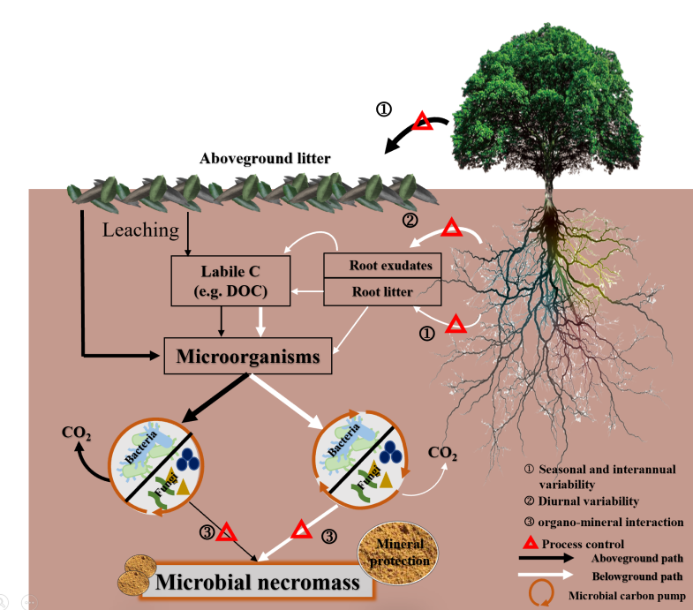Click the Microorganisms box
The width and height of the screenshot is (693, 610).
[248, 356]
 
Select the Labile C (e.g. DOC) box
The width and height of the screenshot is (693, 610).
[230, 281]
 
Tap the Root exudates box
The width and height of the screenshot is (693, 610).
[383, 265]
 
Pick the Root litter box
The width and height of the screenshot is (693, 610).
[383, 291]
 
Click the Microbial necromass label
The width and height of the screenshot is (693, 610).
[257, 582]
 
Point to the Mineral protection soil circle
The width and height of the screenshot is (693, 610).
[398, 553]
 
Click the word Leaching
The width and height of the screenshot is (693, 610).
[141, 230]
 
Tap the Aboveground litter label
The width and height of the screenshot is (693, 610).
[265, 158]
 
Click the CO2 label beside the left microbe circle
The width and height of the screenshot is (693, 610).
[77, 433]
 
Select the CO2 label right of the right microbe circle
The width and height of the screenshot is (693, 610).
[442, 453]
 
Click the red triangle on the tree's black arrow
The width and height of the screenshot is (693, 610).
[423, 121]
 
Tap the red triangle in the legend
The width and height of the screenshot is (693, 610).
[531, 542]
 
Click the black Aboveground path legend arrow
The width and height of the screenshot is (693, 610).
[546, 558]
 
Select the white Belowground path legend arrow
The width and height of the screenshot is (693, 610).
[546, 575]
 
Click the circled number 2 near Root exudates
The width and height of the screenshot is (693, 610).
[410, 220]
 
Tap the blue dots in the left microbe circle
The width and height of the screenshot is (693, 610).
[188, 459]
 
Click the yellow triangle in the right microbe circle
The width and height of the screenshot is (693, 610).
[387, 480]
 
